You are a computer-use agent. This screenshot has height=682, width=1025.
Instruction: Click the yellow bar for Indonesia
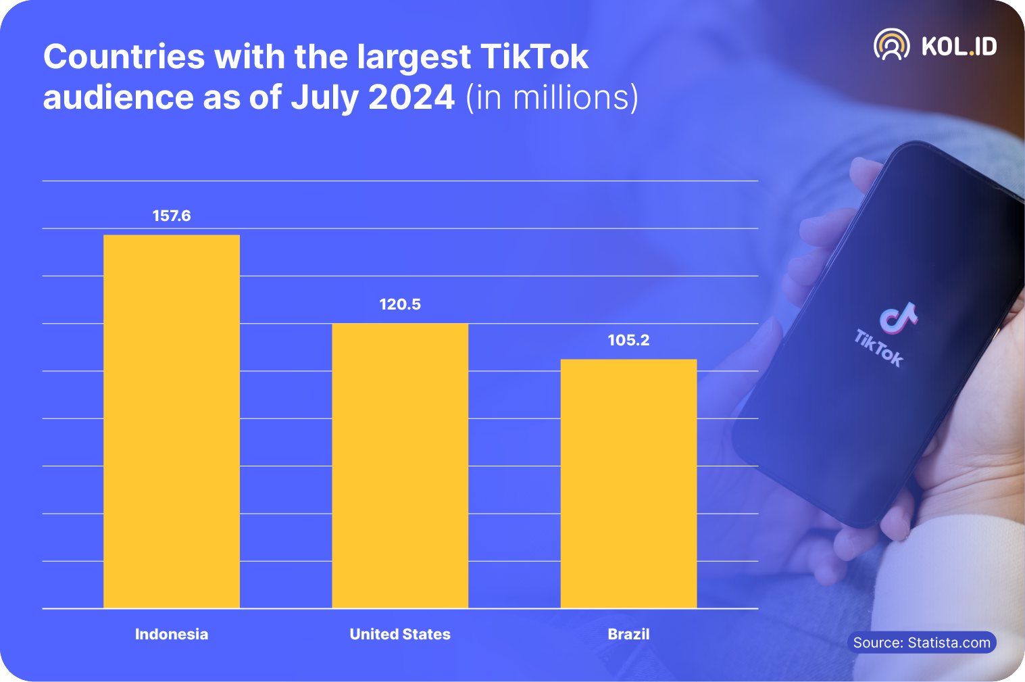point(172,421)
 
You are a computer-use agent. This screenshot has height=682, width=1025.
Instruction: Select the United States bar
point(400,466)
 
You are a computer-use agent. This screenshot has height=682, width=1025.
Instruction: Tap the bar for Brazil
point(628,483)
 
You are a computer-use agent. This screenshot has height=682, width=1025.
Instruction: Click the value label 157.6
point(172,216)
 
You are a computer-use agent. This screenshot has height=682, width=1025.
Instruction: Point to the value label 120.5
point(400,304)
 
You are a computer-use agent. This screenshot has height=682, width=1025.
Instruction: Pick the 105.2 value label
point(628,340)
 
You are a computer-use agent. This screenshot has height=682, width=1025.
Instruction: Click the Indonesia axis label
point(172,634)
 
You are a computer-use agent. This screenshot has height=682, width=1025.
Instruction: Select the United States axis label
point(400,634)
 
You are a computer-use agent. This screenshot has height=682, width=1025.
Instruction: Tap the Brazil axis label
point(628,634)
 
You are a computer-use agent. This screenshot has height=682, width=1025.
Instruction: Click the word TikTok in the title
point(534,57)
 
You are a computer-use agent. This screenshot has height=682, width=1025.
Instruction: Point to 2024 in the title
point(411,97)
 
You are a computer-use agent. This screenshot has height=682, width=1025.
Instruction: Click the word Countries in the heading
point(124,57)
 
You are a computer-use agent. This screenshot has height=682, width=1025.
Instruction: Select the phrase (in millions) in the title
point(552,97)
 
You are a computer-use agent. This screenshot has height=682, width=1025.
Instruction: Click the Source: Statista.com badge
point(922,642)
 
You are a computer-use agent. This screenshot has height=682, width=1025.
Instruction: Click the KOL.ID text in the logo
point(959,46)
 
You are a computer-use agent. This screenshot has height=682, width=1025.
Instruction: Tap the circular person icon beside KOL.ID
point(891,45)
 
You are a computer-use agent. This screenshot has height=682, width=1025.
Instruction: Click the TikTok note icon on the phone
point(898,318)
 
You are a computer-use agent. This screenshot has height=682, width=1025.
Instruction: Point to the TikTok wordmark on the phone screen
point(878,348)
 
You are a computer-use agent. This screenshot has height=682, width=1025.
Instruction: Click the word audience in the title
point(118,97)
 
